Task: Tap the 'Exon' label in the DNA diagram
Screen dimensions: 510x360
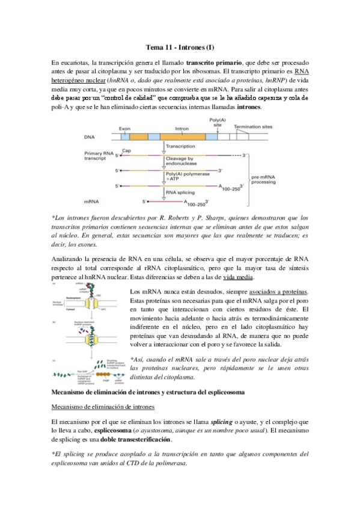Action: tap(124, 129)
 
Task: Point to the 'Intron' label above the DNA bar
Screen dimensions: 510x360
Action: tap(182, 129)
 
